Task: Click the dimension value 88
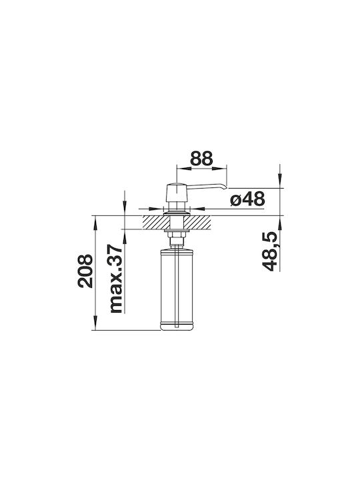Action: tap(201, 158)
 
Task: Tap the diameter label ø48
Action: tap(247, 199)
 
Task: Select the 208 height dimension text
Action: tap(85, 271)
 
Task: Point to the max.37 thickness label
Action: tap(116, 279)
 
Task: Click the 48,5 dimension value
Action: tap(270, 251)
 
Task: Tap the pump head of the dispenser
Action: tap(176, 192)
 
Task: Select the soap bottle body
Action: tap(177, 290)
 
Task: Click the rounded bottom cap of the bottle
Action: tap(177, 326)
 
